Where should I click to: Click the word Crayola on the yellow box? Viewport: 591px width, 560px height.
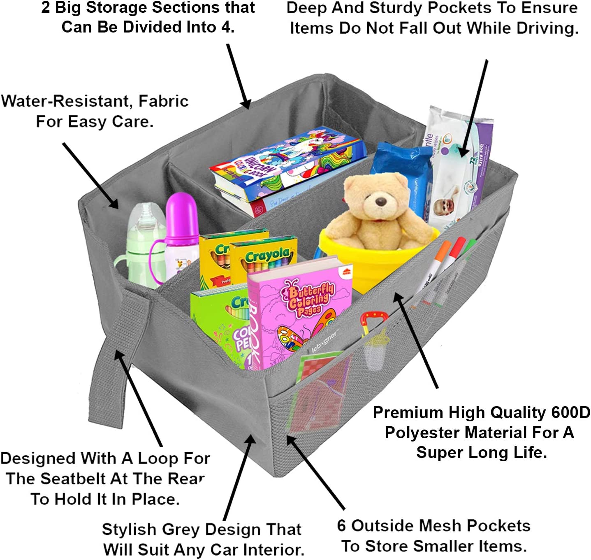click(267, 256)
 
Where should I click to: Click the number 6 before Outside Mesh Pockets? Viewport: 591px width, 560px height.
click(341, 526)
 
